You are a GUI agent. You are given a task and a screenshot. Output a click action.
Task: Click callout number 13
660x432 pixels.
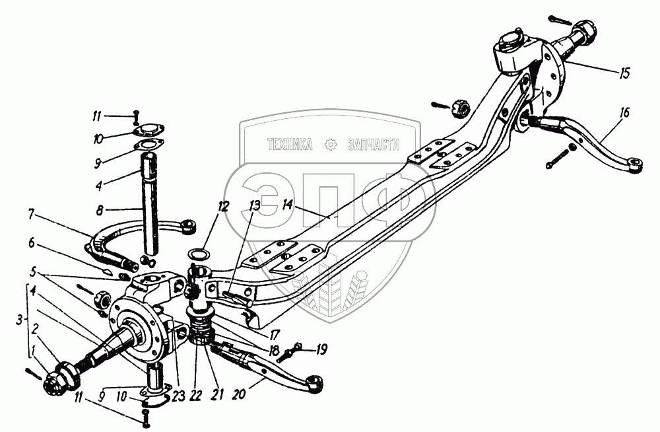[253, 207]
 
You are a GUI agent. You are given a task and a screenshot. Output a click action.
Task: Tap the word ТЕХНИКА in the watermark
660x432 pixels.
[289, 145]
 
